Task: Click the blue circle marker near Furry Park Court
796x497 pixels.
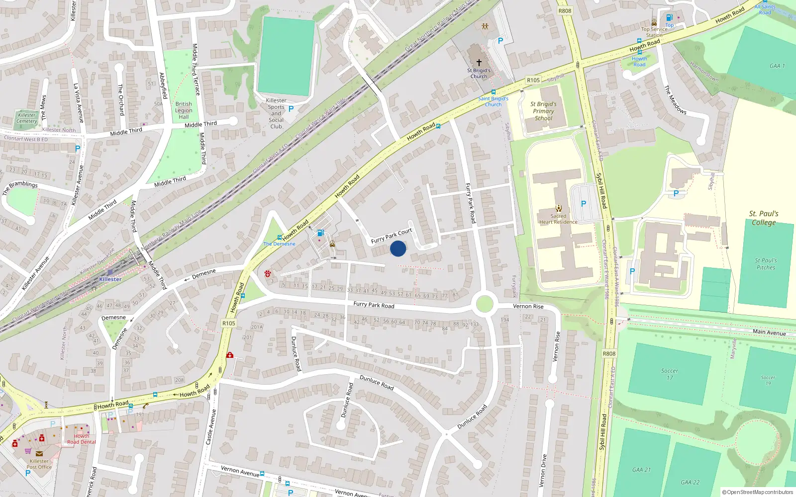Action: click(398, 248)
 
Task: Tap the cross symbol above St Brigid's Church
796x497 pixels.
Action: click(479, 63)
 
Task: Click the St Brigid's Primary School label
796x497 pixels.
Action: click(544, 111)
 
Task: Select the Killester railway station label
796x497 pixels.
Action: click(110, 279)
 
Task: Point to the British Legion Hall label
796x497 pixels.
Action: click(184, 110)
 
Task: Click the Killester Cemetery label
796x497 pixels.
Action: click(27, 118)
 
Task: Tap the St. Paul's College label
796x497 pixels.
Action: click(764, 218)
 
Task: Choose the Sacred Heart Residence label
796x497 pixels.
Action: click(558, 219)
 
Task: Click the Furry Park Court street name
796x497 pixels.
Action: click(392, 236)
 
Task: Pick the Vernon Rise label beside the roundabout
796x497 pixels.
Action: click(528, 306)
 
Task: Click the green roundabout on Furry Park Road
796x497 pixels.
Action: click(485, 304)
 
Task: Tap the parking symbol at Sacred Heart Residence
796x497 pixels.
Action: click(584, 204)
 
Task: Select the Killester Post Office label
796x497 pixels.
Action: click(39, 464)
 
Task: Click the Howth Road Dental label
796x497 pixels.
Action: click(82, 439)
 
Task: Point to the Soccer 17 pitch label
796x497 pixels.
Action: click(670, 374)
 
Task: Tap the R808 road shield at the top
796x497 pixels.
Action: click(565, 11)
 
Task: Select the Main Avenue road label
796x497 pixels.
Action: click(769, 332)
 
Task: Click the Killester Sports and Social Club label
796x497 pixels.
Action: click(276, 113)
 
